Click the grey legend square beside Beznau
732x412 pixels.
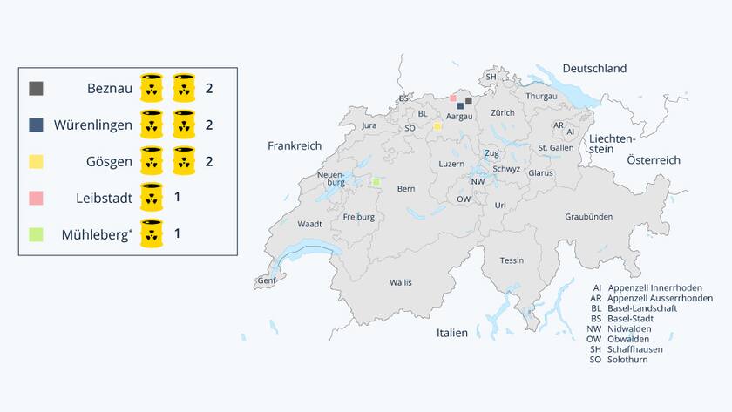(x=36, y=89)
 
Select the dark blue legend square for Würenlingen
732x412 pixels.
(x=36, y=125)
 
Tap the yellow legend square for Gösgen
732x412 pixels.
(x=36, y=161)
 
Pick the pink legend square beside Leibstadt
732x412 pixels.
(x=36, y=198)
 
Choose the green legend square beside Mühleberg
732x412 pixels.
(x=36, y=233)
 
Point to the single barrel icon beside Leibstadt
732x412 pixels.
(x=152, y=198)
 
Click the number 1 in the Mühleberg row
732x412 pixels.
(x=178, y=233)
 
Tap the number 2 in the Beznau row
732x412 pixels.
(x=209, y=89)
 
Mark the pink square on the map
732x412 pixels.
(x=453, y=98)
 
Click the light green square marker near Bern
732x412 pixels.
(x=376, y=182)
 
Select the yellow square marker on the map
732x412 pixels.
(x=437, y=126)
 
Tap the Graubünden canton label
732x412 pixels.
(x=588, y=216)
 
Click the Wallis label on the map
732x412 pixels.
(x=401, y=282)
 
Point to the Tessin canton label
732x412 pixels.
(x=512, y=260)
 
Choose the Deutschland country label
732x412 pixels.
(x=594, y=69)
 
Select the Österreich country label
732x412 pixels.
(x=653, y=160)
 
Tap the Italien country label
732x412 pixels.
(x=452, y=333)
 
